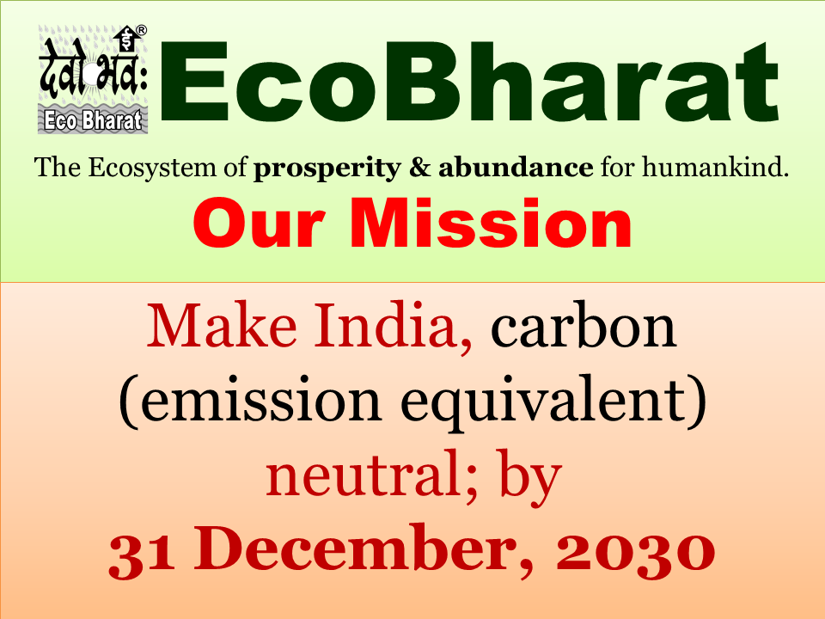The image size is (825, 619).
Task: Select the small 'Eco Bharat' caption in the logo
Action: (93, 120)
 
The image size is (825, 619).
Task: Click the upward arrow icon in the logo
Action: (127, 39)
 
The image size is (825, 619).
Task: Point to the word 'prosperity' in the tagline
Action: (327, 169)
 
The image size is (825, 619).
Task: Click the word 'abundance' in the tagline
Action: (516, 168)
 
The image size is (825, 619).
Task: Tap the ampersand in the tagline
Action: (420, 168)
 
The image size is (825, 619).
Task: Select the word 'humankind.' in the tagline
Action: (716, 168)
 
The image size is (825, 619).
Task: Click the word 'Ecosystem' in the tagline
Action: (151, 169)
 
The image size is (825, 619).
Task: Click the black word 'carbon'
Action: (583, 328)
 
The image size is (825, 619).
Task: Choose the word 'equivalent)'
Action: (553, 401)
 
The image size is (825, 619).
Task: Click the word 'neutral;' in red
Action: (372, 475)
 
